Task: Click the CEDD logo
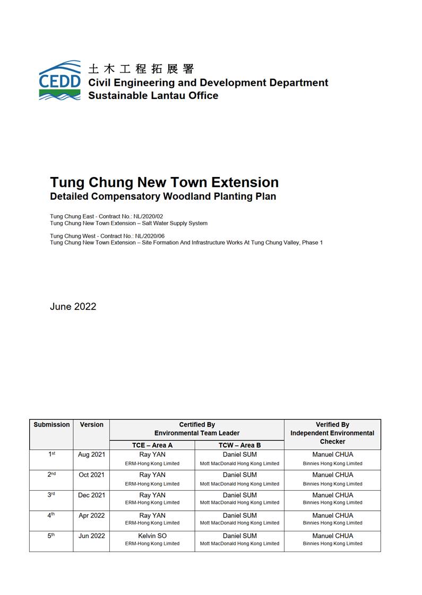59,81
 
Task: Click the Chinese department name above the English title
141,69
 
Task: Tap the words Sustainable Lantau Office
153,96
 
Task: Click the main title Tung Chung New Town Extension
164,182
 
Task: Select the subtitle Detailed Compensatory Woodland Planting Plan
163,197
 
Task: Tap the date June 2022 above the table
73,306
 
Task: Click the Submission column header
51,424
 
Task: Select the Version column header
91,424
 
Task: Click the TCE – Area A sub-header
152,445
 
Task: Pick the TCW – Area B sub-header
239,445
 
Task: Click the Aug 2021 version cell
91,455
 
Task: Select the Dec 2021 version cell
91,495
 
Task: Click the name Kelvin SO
152,536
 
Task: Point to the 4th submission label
51,516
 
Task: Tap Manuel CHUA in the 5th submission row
332,536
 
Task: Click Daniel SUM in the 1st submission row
239,455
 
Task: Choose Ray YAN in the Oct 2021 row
152,475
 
